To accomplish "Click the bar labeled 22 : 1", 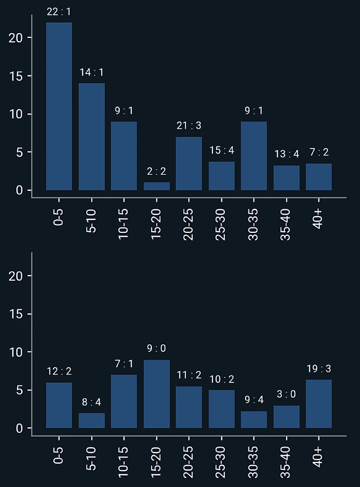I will click(x=59, y=106).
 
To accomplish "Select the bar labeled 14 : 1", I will click(x=92, y=137).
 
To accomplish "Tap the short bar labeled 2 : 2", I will click(x=156, y=186).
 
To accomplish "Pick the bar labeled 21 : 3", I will click(x=189, y=163).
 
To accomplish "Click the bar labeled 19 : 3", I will click(x=319, y=404).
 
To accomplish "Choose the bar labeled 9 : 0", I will click(x=156, y=394).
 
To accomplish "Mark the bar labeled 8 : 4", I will click(x=92, y=420).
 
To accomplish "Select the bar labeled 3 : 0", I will click(x=287, y=417).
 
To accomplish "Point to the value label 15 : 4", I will click(x=221, y=150).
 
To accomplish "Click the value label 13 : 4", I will click(x=287, y=154).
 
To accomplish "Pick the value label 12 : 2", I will click(x=59, y=372).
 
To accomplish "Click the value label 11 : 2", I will click(x=189, y=375).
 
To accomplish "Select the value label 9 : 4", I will click(x=254, y=400).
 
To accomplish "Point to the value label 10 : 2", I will click(x=221, y=379).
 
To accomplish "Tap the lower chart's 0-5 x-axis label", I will click(x=59, y=455).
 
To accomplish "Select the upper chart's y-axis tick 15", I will click(x=17, y=76).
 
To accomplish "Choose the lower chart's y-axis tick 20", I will click(x=17, y=276).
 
